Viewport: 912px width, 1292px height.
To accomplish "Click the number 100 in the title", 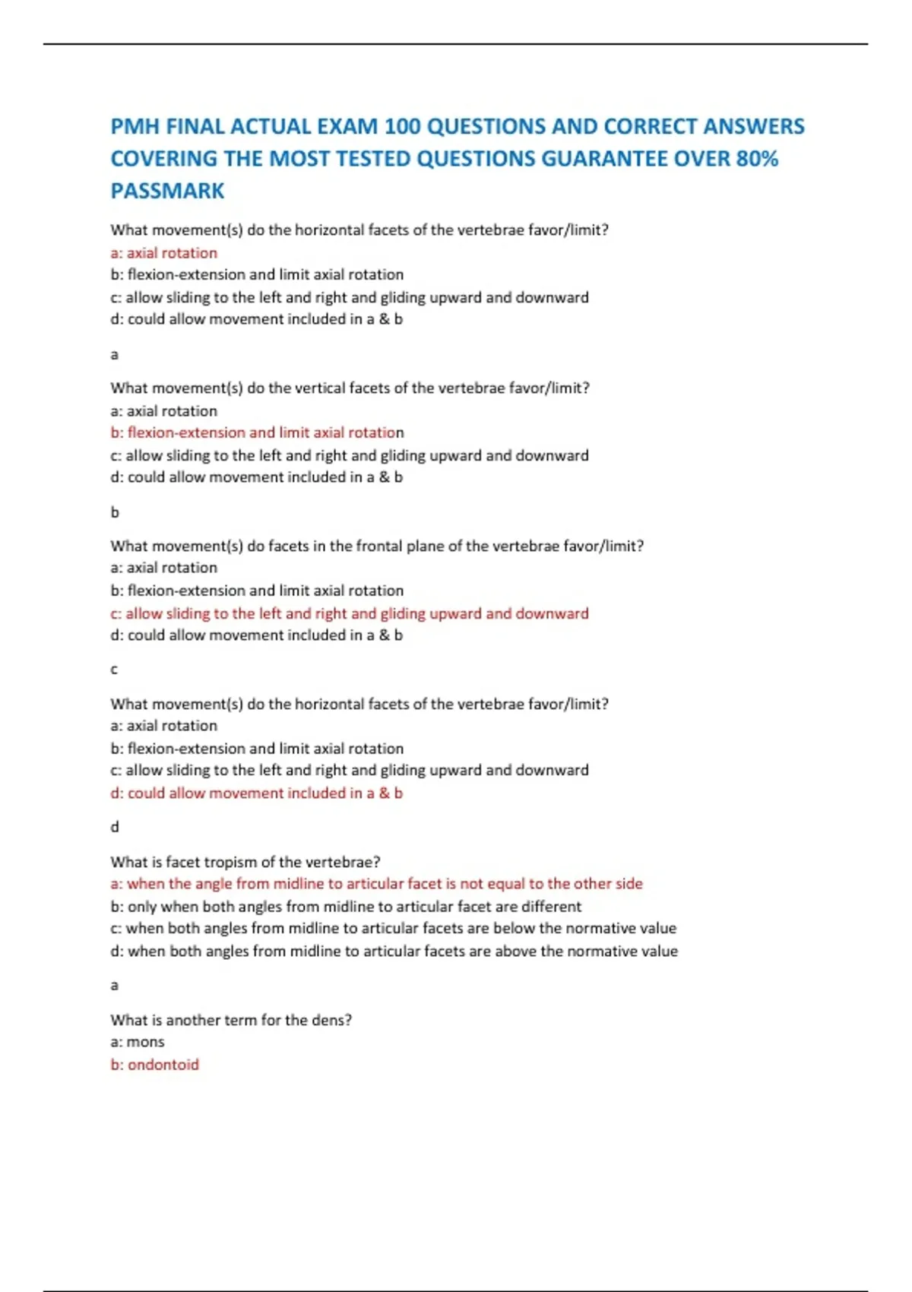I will click(x=402, y=126).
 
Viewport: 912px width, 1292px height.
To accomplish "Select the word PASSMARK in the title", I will click(x=167, y=191).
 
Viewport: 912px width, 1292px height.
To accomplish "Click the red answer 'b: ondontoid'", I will click(x=154, y=1064).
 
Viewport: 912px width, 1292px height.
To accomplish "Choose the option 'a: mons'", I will click(x=138, y=1041).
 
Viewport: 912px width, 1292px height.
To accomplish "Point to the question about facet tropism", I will click(x=245, y=862).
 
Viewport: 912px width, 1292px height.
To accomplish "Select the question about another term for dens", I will click(x=231, y=1020).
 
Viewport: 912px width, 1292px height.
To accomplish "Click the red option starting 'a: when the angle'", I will click(x=376, y=883).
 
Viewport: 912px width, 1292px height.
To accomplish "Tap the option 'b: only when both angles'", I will click(x=346, y=906).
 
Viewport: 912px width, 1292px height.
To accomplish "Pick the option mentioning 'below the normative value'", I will click(x=393, y=928).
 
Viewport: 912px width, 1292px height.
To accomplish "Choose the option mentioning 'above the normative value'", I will click(x=394, y=951).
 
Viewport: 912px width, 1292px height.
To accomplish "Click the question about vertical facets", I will click(x=350, y=388).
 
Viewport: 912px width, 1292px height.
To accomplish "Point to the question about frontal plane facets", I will click(x=377, y=546).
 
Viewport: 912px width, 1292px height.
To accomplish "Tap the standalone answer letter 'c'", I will click(x=114, y=670).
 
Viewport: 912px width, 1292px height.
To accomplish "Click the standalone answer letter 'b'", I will click(x=115, y=512).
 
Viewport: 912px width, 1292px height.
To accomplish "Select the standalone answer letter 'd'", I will click(x=115, y=827).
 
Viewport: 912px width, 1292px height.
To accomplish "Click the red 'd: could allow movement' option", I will click(x=256, y=793).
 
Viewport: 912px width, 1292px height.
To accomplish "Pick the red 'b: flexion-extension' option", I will click(x=257, y=432).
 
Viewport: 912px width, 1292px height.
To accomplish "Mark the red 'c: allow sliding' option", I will click(x=350, y=613).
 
